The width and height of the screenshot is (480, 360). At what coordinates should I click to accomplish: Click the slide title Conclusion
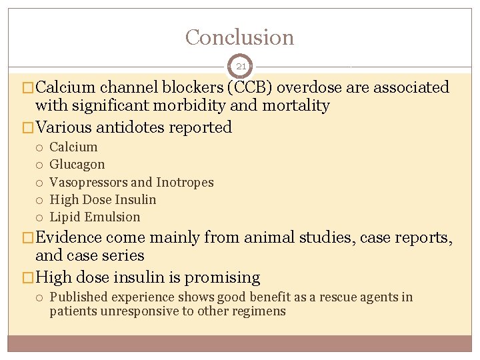239,37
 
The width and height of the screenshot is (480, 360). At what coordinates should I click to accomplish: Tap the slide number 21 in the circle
241,67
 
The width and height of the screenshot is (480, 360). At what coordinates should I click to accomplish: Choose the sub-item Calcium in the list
73,147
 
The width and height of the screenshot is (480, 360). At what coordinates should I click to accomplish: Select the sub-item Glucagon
77,165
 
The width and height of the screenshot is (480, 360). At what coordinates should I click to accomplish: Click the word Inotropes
185,182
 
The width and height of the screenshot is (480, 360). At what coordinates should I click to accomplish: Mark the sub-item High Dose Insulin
103,199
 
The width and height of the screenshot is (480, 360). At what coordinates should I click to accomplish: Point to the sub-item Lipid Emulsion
95,217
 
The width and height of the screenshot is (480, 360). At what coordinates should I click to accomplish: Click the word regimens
259,311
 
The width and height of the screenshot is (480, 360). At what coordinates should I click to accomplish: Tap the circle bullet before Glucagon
40,165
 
